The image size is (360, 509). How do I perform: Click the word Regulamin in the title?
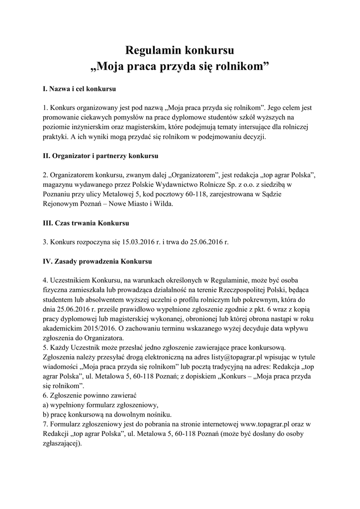pyautogui.click(x=153, y=50)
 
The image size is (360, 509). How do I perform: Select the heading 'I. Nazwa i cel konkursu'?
pyautogui.click(x=80, y=90)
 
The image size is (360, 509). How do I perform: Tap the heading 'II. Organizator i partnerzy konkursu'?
pyautogui.click(x=100, y=156)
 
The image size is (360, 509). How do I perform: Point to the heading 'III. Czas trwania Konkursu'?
pyautogui.click(x=86, y=223)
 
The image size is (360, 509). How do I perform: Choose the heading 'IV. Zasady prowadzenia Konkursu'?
pyautogui.click(x=97, y=260)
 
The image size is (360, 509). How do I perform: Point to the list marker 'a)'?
pyautogui.click(x=45, y=406)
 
